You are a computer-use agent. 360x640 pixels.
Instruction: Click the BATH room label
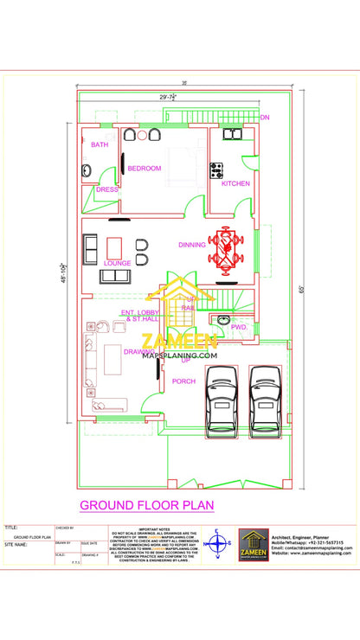[100, 144]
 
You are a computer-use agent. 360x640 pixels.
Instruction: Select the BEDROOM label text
[145, 168]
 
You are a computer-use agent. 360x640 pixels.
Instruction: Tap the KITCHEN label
[235, 183]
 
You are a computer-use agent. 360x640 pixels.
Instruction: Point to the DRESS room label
[106, 189]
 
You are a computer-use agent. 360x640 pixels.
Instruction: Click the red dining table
[227, 249]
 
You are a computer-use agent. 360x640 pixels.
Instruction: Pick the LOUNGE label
[117, 262]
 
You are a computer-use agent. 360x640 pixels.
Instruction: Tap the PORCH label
[183, 381]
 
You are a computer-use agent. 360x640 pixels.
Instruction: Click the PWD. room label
[240, 328]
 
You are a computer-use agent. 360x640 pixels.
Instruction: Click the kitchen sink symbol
[233, 135]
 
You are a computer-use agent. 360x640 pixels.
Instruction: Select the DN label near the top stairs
[265, 117]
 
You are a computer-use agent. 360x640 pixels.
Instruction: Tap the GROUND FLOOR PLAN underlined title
[146, 504]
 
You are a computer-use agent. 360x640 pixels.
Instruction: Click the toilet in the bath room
[87, 170]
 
